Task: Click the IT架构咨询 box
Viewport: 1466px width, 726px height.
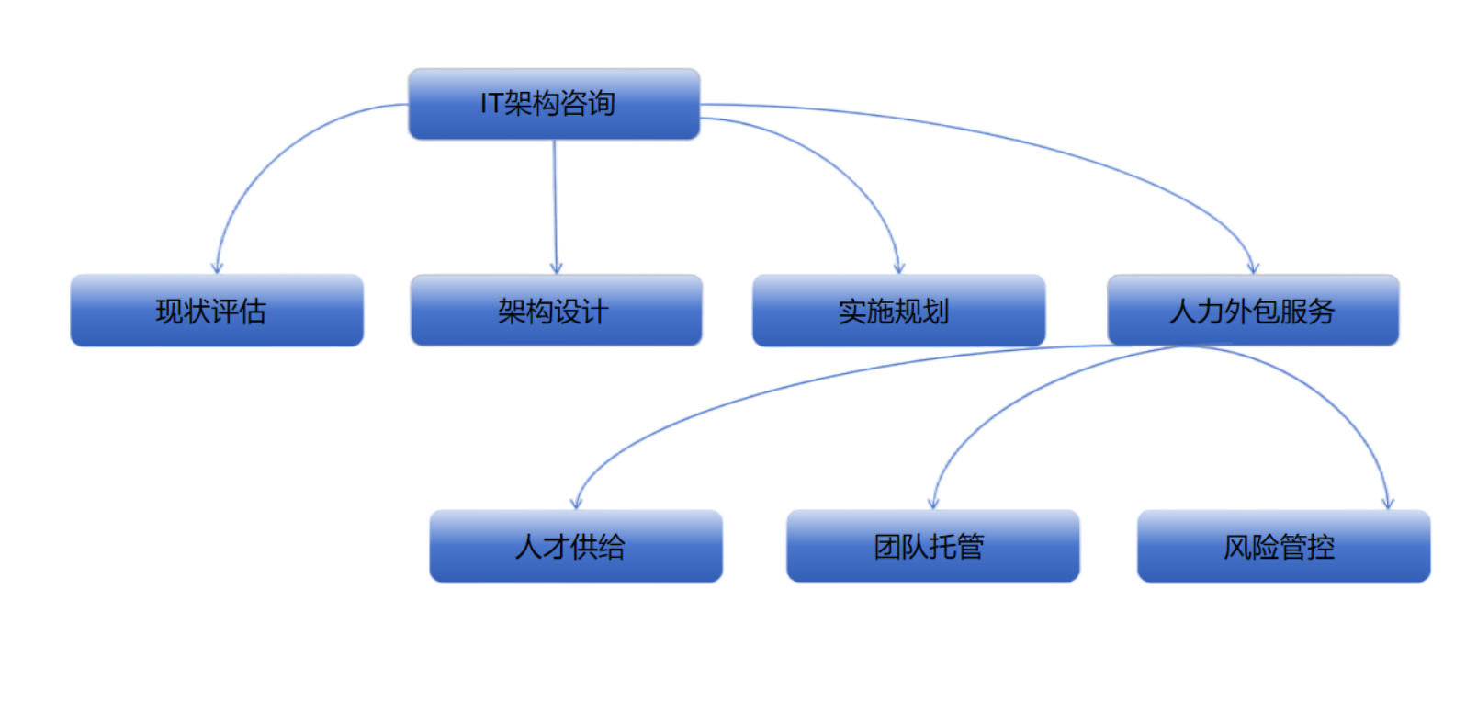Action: (x=553, y=103)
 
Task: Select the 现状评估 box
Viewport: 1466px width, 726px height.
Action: (x=217, y=311)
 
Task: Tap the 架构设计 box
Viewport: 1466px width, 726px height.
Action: (x=556, y=311)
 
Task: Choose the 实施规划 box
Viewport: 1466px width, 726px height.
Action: (x=898, y=311)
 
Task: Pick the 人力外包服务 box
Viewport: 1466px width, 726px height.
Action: (x=1253, y=311)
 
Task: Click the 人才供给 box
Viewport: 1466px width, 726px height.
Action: (x=575, y=547)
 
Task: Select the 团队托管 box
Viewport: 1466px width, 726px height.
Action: (x=932, y=547)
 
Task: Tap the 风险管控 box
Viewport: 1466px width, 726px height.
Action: (x=1283, y=547)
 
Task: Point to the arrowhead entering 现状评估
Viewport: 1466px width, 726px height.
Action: (x=217, y=267)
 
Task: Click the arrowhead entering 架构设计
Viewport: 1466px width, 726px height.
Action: (x=556, y=267)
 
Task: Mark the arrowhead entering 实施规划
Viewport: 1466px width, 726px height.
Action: (x=899, y=267)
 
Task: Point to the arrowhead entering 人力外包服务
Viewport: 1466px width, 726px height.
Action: (x=1254, y=267)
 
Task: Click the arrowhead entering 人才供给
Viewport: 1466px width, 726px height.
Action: (x=576, y=502)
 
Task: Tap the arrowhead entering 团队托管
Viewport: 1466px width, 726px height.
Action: (x=933, y=502)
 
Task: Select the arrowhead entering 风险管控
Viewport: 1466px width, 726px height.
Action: (x=1388, y=502)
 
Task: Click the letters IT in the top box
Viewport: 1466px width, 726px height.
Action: (x=491, y=104)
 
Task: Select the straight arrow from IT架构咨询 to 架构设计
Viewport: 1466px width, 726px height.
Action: (x=555, y=202)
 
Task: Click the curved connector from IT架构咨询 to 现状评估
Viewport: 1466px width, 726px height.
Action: (x=276, y=156)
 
